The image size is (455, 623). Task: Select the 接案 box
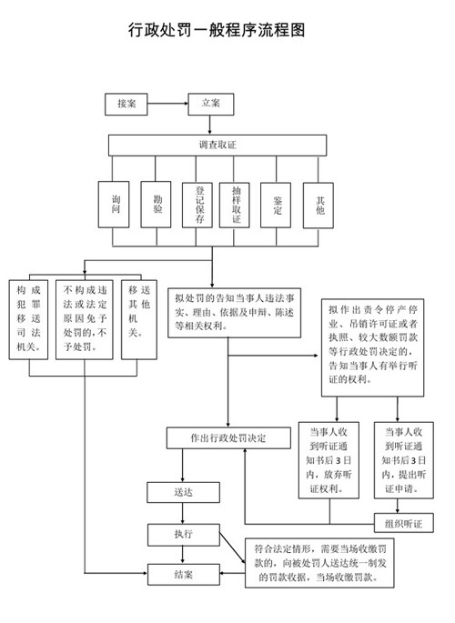[x=126, y=104]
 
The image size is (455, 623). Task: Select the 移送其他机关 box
[x=138, y=310]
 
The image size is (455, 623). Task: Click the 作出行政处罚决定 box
[x=228, y=437]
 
